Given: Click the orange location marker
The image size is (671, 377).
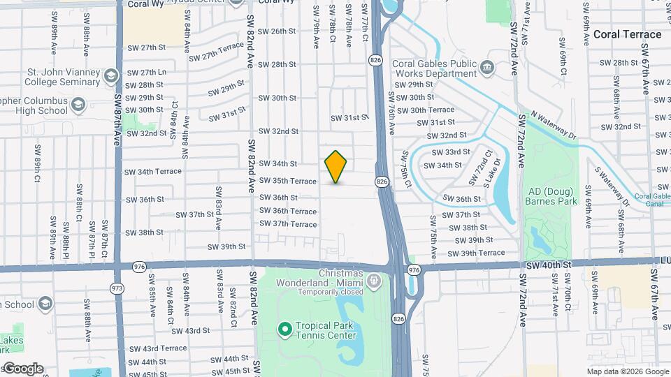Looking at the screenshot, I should click(336, 167).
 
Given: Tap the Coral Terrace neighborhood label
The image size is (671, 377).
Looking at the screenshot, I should click(627, 34).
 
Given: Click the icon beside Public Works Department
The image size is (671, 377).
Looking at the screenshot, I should click(488, 68).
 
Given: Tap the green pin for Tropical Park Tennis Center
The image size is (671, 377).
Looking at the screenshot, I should click(284, 328).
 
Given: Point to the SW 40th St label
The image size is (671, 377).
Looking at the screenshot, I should click(550, 265).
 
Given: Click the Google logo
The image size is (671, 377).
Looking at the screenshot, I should click(22, 369).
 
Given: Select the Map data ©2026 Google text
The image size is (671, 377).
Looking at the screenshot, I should click(627, 371).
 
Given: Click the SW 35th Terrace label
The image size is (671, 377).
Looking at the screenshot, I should click(288, 181).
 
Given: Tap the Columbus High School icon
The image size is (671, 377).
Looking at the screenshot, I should click(78, 105).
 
